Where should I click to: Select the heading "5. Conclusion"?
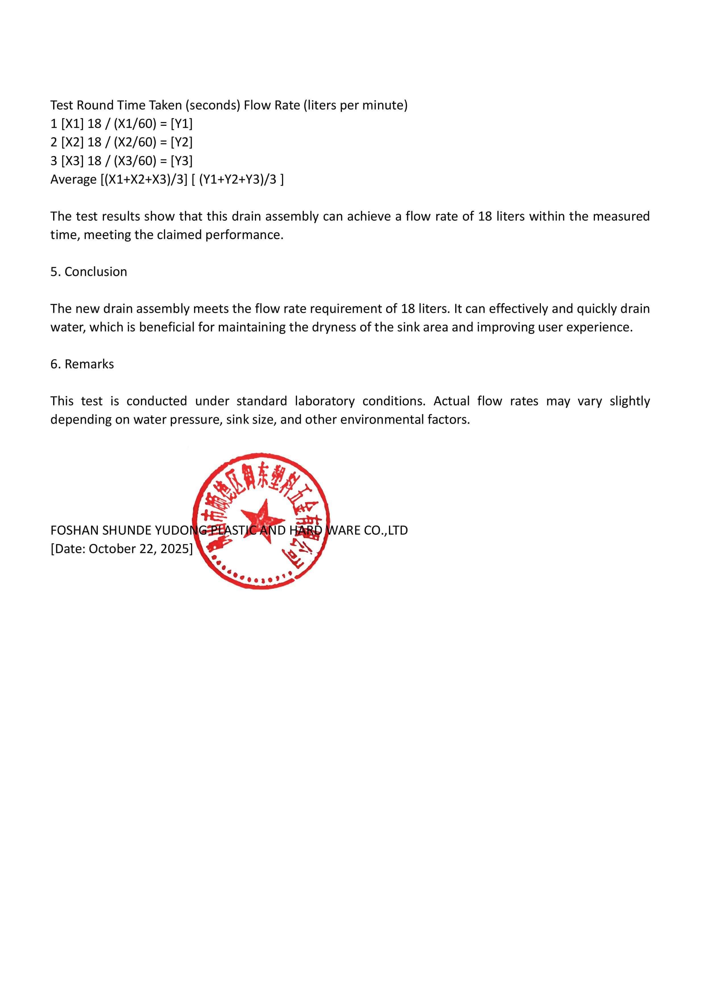(89, 272)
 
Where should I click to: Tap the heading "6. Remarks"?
(82, 364)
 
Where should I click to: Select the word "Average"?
(73, 179)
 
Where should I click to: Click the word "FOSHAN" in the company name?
(74, 530)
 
